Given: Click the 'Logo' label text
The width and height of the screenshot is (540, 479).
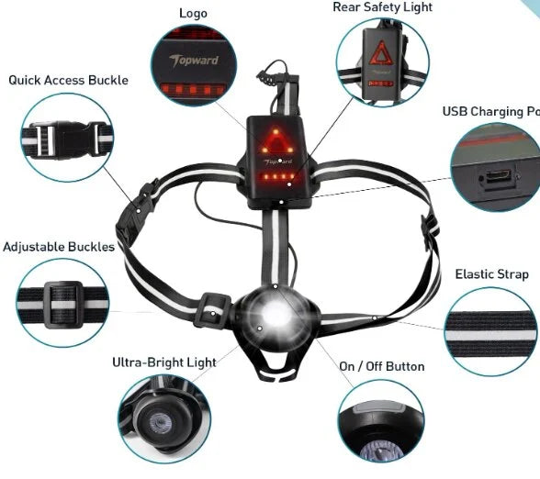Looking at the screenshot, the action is click(x=193, y=14).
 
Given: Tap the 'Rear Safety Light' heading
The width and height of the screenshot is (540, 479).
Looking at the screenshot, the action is click(x=382, y=7).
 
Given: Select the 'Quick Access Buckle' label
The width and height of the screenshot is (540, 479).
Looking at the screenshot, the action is click(x=68, y=80).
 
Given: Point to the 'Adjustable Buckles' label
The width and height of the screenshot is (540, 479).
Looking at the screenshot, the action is click(x=59, y=247).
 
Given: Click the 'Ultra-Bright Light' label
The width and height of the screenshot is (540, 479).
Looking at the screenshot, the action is click(x=164, y=362).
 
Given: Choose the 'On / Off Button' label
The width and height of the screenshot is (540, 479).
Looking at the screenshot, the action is click(x=382, y=366).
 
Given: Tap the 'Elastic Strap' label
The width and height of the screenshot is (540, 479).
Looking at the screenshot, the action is click(x=492, y=274).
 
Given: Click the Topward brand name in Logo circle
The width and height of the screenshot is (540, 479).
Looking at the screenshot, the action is click(x=194, y=61).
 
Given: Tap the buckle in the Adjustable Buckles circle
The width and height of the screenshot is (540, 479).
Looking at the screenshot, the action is click(x=63, y=305).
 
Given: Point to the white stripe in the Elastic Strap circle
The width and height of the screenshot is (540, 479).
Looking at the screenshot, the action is click(x=490, y=335).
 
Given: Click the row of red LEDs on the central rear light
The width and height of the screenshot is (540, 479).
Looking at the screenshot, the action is click(x=278, y=177).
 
